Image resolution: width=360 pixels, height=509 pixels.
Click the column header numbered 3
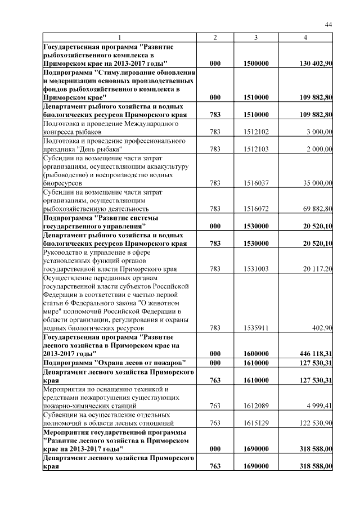coord(256,37)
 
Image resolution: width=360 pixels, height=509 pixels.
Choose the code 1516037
coord(256,183)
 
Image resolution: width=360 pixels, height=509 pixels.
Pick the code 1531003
coord(256,269)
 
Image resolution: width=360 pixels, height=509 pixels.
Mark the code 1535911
coord(256,327)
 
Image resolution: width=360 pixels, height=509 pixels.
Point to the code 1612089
coord(256,405)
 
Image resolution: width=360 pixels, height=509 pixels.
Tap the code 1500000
coord(256,64)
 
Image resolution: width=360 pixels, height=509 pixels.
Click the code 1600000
coord(256,353)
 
